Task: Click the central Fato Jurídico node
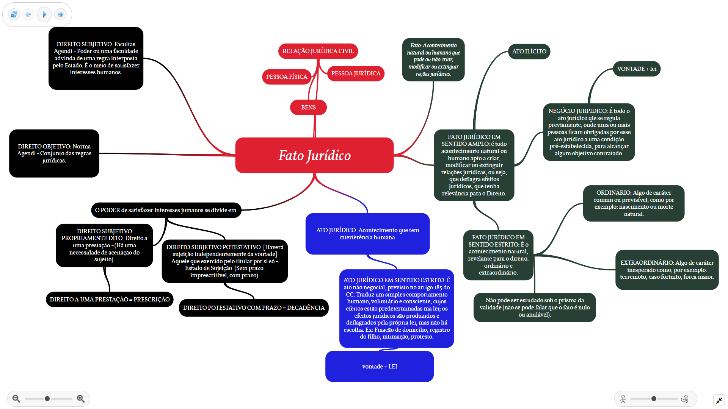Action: [314, 155]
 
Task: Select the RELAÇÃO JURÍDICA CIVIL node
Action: [318, 51]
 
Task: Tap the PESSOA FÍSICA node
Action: [287, 77]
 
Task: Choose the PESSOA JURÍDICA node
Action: [356, 73]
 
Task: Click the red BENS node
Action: [308, 108]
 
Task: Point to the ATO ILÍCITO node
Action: [529, 52]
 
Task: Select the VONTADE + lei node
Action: [637, 69]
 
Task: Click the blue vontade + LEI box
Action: [379, 367]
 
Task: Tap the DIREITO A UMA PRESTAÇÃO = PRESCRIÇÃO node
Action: [110, 300]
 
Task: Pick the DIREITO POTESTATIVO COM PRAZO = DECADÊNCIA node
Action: [254, 308]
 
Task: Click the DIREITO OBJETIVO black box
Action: [54, 153]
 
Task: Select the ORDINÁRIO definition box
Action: [634, 203]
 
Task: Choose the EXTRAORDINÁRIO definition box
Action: [667, 270]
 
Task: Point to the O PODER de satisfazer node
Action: [166, 210]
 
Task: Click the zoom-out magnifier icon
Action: [16, 398]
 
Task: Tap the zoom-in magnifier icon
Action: [81, 398]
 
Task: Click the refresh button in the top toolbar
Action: [14, 14]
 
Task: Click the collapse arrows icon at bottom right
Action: [719, 400]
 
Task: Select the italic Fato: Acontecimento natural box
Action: [433, 59]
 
